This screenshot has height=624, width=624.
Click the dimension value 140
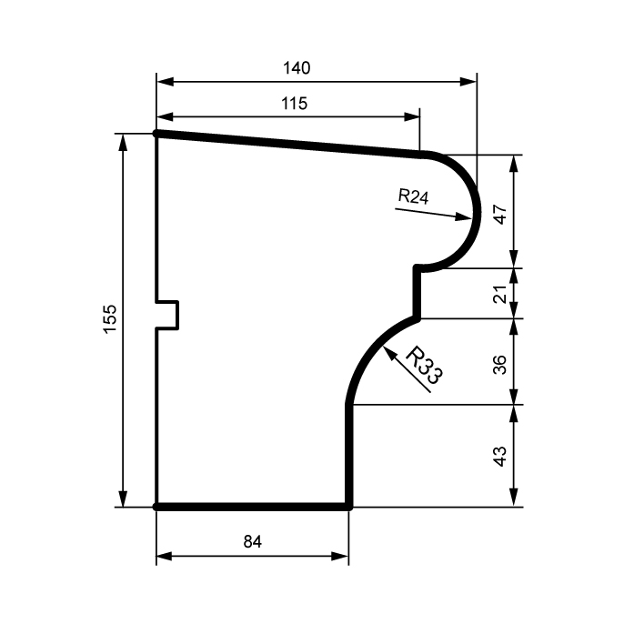(297, 68)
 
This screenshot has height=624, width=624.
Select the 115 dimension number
(295, 104)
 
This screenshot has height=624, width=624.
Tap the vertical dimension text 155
(110, 319)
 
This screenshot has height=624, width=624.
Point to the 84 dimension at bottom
(253, 541)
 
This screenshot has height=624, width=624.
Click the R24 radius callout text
(413, 196)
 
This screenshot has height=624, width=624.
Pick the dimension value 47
(500, 215)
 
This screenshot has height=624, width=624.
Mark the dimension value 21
(500, 294)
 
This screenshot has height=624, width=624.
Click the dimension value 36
(500, 365)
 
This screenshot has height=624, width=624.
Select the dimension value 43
(500, 456)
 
